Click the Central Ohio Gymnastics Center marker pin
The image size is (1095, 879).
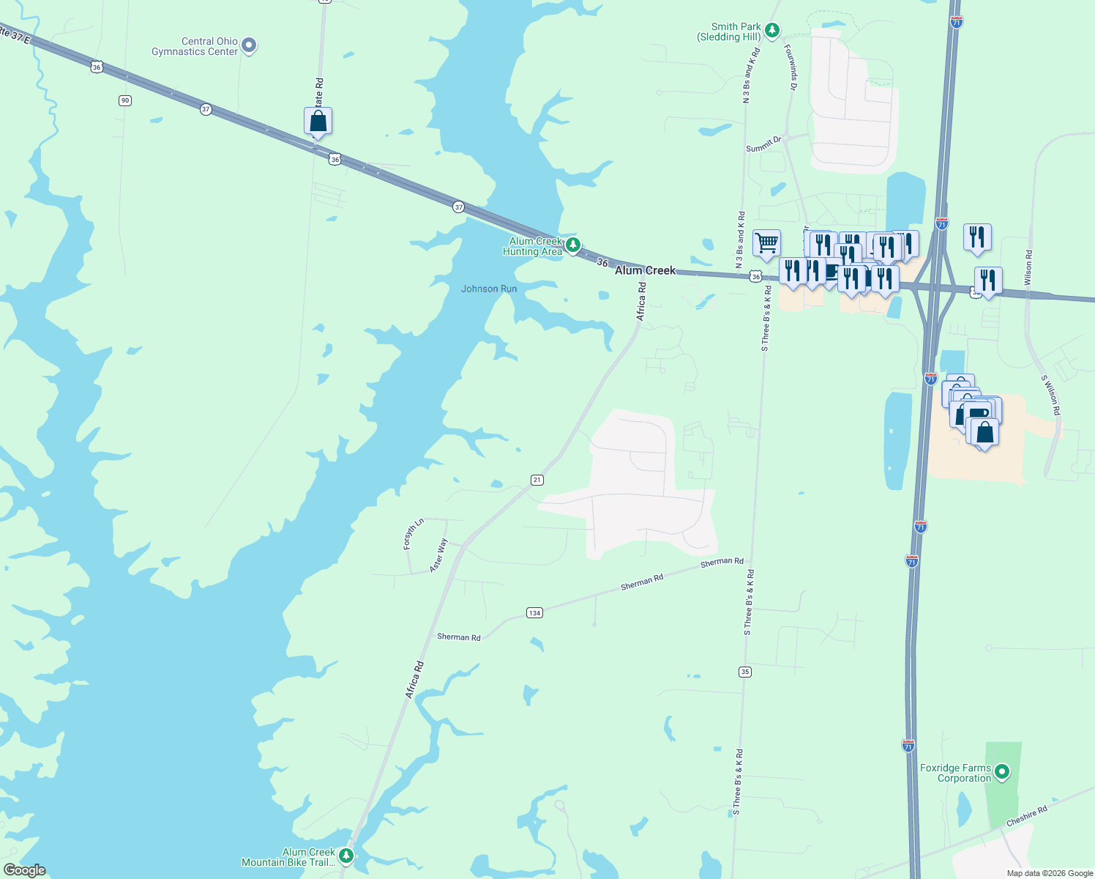(x=249, y=45)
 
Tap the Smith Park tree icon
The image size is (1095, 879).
(x=771, y=31)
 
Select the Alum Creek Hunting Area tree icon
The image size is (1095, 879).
(x=573, y=245)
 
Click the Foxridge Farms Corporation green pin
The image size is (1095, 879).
(x=1003, y=771)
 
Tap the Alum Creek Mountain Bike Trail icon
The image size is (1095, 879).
(x=346, y=856)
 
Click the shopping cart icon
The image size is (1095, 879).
(x=766, y=242)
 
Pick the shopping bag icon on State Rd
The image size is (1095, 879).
(x=318, y=121)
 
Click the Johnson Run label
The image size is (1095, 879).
(x=489, y=289)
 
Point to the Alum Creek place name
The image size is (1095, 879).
(x=645, y=270)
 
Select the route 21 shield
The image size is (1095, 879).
(x=537, y=480)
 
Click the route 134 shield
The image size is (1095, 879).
(x=534, y=612)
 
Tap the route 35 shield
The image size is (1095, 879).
(x=745, y=672)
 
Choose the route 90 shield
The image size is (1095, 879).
(x=125, y=100)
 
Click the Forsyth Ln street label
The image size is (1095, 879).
(x=414, y=534)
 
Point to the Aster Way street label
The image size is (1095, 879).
(x=438, y=555)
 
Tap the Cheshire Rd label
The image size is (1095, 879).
(x=1026, y=816)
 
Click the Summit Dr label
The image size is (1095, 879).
(x=763, y=144)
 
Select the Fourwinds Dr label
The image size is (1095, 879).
(x=791, y=67)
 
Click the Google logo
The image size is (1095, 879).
(x=24, y=870)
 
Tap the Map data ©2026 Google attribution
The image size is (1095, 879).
(x=1050, y=873)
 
